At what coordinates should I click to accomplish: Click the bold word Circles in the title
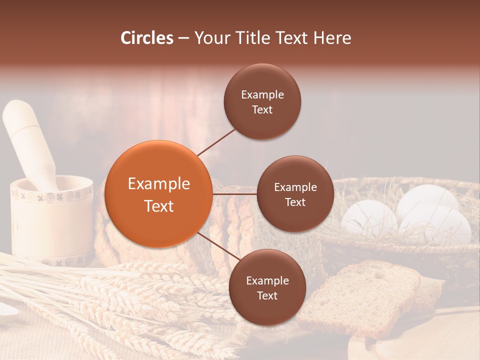(147, 38)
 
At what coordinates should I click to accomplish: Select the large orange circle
(159, 194)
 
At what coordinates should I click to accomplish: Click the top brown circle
(262, 102)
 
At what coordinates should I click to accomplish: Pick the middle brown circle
(295, 194)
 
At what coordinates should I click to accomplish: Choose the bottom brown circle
(267, 287)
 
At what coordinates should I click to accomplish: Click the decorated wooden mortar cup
(50, 220)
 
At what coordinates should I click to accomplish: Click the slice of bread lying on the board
(360, 295)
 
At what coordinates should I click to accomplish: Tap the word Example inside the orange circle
(159, 184)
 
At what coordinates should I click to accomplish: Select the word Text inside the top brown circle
(262, 109)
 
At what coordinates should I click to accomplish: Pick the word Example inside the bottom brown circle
(267, 280)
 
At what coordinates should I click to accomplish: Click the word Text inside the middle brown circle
(295, 202)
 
